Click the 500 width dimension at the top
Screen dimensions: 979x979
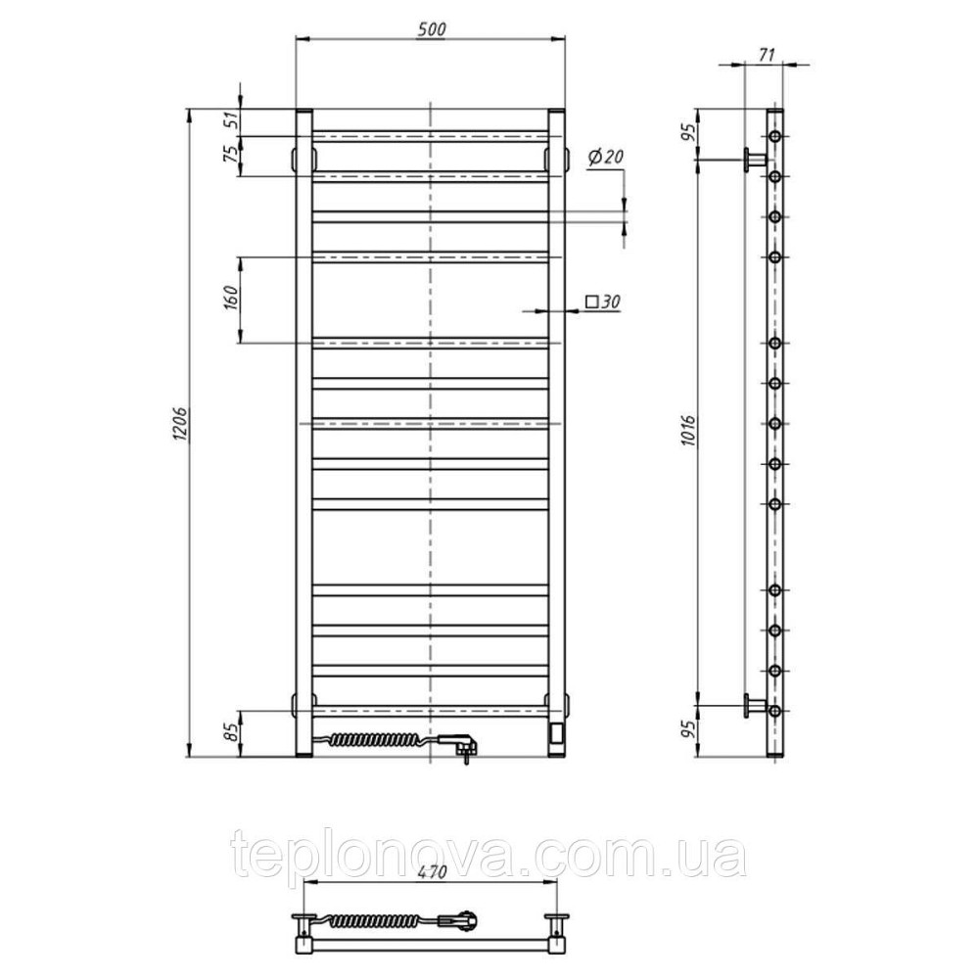[x=430, y=29]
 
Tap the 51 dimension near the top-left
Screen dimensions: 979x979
[x=231, y=120]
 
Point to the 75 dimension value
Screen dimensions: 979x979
[x=231, y=153]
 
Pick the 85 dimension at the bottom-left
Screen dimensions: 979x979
[x=231, y=731]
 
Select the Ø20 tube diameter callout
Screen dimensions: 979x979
[x=606, y=158]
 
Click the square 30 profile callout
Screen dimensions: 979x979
[x=603, y=303]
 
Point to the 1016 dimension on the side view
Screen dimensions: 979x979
[x=688, y=430]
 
